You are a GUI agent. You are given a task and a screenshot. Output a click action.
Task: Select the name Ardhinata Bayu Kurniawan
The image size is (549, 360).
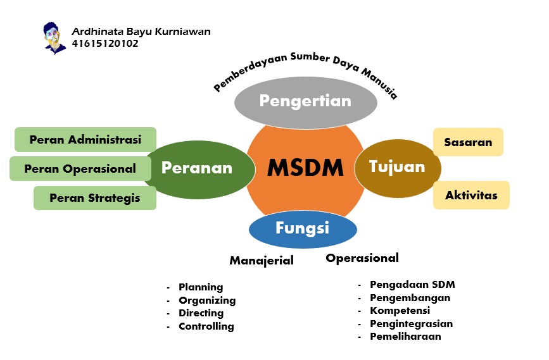pos(141,32)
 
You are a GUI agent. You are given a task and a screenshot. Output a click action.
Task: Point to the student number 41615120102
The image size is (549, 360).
pos(105,44)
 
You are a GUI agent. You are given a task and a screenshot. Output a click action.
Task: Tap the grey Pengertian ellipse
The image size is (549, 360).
pos(305,101)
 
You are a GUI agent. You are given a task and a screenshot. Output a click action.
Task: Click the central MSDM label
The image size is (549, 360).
pos(305,168)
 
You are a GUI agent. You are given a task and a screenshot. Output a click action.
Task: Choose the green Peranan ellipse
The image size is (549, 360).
pos(196,168)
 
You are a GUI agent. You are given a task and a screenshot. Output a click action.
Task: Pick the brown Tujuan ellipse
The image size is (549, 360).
pos(389,167)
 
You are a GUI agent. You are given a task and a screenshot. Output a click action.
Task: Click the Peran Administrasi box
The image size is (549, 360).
pos(85,140)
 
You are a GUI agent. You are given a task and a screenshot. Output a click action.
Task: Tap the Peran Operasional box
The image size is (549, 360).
pos(80,169)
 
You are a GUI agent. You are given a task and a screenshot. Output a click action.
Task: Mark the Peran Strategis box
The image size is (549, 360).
pos(95,198)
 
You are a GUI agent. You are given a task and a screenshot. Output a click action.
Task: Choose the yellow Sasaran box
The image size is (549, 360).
pos(468,142)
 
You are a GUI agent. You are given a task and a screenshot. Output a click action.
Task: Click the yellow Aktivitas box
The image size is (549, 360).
pos(471,195)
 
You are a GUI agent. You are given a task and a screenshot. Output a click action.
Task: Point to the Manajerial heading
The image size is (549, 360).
pos(262,260)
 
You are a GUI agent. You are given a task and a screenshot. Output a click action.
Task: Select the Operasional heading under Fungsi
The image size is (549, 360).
pos(362,258)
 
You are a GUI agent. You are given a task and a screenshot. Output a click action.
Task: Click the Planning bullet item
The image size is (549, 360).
pos(201,287)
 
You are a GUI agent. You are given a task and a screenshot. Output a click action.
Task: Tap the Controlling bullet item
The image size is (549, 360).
pos(206,326)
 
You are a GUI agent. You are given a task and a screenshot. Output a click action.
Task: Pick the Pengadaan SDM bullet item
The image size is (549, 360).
pos(412,285)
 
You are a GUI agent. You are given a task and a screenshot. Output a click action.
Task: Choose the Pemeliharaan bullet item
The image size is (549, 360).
pos(405,337)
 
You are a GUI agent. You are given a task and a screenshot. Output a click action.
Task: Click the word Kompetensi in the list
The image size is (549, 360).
pos(400,311)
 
